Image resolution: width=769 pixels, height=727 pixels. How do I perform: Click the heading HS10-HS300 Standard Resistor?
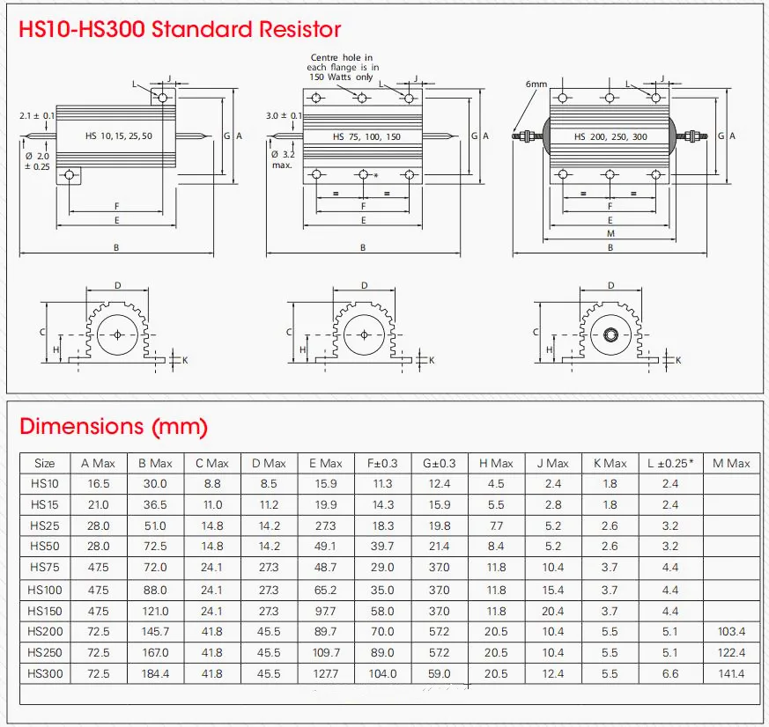point(180,29)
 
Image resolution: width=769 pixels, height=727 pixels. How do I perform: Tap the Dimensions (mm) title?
point(114,426)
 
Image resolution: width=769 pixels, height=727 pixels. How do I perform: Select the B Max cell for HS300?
point(155,673)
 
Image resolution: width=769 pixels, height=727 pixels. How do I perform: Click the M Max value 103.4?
point(731,631)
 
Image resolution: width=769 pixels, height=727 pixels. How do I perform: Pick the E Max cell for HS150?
point(325,611)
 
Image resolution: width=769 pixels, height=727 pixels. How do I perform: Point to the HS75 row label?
point(45,568)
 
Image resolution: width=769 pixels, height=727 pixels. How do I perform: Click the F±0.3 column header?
point(382,464)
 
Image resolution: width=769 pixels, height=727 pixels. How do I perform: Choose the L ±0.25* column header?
point(670,464)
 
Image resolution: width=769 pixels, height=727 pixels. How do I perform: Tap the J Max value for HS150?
point(552,611)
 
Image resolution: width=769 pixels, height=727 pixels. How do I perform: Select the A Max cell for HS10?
point(99,484)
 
